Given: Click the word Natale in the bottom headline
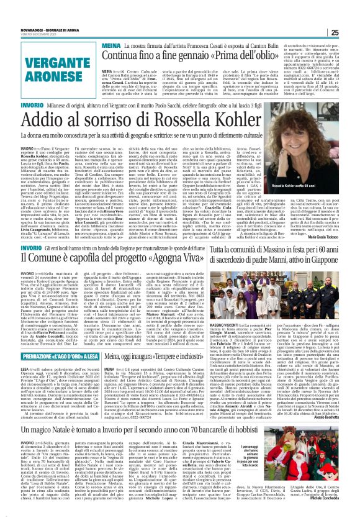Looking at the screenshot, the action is (83, 428).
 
